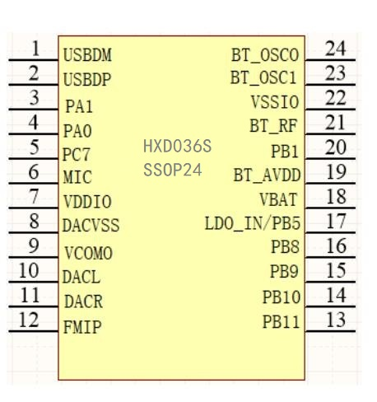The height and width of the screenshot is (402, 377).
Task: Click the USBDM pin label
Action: (87, 55)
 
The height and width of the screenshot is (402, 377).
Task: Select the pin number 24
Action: (335, 49)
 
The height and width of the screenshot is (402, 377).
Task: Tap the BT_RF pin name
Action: (273, 126)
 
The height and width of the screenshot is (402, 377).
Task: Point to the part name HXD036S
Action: (177, 146)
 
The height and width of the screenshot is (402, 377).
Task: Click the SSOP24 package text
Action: (173, 170)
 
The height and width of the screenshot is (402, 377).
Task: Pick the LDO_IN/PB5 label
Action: (253, 223)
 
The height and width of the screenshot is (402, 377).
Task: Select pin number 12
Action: (29, 320)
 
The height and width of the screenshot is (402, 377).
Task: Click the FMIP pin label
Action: (82, 327)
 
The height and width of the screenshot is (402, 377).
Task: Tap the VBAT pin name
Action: (278, 199)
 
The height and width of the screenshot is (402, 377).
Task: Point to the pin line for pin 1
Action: (34, 59)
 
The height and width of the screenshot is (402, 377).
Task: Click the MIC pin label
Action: (77, 177)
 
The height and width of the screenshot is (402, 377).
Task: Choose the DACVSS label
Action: (91, 226)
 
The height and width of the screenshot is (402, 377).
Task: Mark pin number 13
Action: (336, 320)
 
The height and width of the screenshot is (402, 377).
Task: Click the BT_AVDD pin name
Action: (267, 175)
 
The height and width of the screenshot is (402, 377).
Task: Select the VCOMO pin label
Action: (88, 253)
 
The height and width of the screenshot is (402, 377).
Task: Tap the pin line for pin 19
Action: (330, 183)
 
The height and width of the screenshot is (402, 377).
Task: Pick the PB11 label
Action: (281, 321)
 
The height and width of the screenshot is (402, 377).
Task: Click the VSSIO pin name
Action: (275, 102)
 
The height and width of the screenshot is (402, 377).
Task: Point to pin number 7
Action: (34, 196)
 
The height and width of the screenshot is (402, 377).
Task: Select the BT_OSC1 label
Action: (263, 77)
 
